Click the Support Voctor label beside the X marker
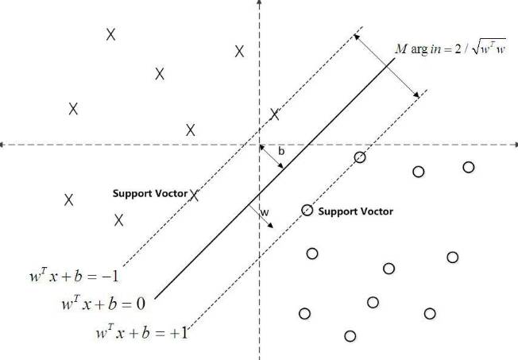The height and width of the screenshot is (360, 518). coord(150,194)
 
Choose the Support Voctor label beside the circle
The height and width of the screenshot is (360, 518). coord(355,211)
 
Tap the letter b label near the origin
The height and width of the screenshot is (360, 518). coord(280,149)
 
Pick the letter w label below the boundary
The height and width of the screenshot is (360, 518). coord(265,213)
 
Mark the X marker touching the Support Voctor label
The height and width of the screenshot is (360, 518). coord(194,194)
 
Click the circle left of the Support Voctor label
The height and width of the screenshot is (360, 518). coord(307,210)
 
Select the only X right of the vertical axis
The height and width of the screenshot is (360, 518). coord(275,114)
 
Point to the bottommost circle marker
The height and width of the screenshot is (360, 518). coord(350,336)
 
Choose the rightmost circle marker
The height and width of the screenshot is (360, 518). coord(469,167)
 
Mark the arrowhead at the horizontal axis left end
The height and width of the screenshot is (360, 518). coord(4,145)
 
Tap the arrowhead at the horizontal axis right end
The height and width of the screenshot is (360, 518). coord(514,145)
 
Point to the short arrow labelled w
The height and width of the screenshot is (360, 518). coord(261,216)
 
